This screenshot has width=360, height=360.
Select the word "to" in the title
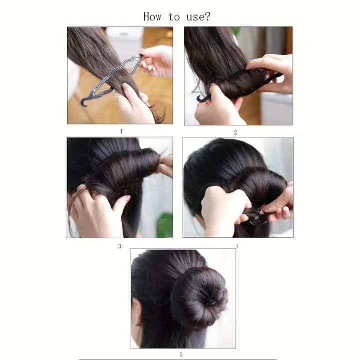[x=174, y=17]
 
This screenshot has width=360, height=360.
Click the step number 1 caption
[x=120, y=132]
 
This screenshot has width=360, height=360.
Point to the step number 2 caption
[x=235, y=133]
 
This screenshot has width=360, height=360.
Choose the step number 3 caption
[x=120, y=246]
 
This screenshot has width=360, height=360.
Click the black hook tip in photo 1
[x=84, y=102]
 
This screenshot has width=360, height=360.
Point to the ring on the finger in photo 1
[x=116, y=95]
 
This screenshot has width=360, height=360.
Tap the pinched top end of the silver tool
[x=139, y=55]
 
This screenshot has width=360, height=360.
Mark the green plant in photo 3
[x=164, y=225]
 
